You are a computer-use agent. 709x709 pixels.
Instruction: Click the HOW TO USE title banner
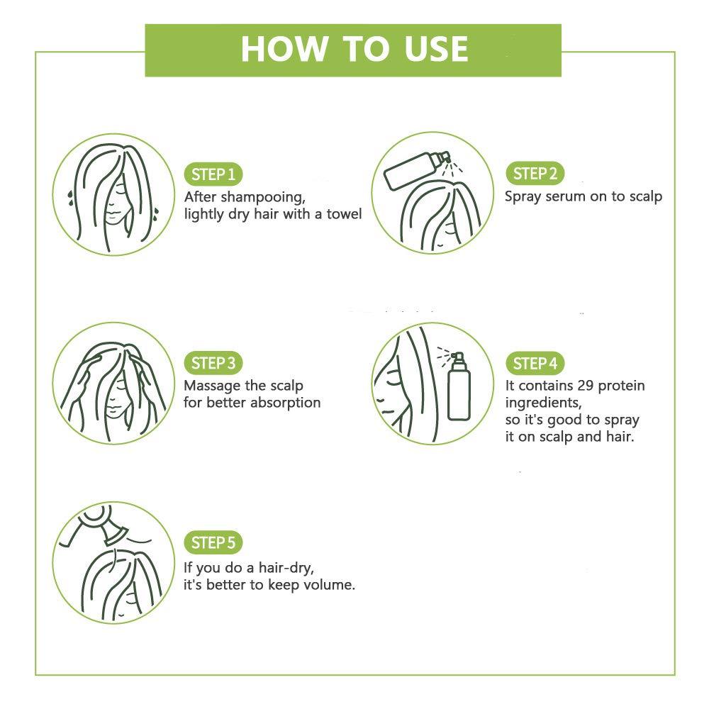[353, 50]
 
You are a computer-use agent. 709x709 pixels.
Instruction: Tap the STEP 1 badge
[213, 174]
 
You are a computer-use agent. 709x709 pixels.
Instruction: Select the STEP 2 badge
[535, 173]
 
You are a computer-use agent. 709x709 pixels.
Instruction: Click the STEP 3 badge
[213, 363]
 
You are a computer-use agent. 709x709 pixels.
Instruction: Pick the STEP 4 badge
[535, 363]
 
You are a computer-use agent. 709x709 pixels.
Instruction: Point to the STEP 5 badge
[213, 542]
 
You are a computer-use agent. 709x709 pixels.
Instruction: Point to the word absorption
[285, 403]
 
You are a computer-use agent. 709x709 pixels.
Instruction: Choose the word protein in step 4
[622, 386]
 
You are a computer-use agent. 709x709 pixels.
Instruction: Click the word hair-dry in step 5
[286, 569]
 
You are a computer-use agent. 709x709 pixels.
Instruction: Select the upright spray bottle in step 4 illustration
[459, 386]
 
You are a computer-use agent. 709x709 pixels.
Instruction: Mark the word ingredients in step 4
[543, 403]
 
